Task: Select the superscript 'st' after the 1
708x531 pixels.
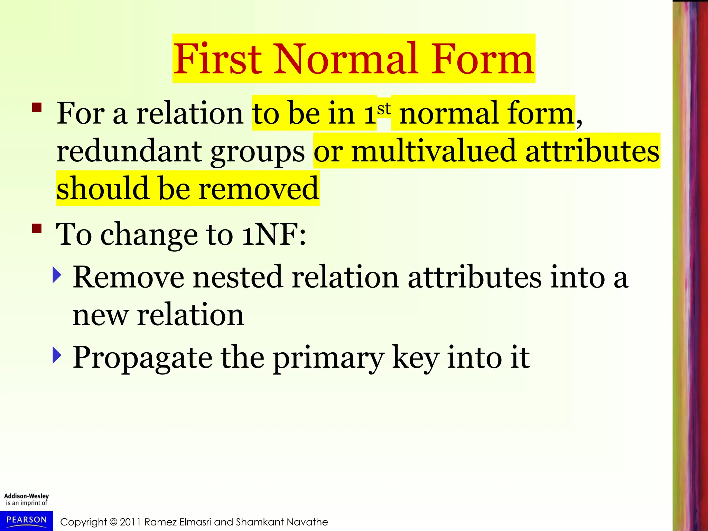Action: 384,109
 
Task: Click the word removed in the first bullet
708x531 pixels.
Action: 259,189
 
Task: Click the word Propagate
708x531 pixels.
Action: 142,357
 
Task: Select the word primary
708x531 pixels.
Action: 328,358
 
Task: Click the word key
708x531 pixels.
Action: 416,358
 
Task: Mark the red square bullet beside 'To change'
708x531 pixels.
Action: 37,229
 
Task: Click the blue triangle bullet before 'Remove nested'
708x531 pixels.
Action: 57,275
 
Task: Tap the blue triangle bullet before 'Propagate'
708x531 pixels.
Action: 57,355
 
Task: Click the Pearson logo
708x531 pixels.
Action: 27,520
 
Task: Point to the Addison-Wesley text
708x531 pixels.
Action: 27,496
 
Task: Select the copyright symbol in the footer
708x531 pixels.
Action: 113,522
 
